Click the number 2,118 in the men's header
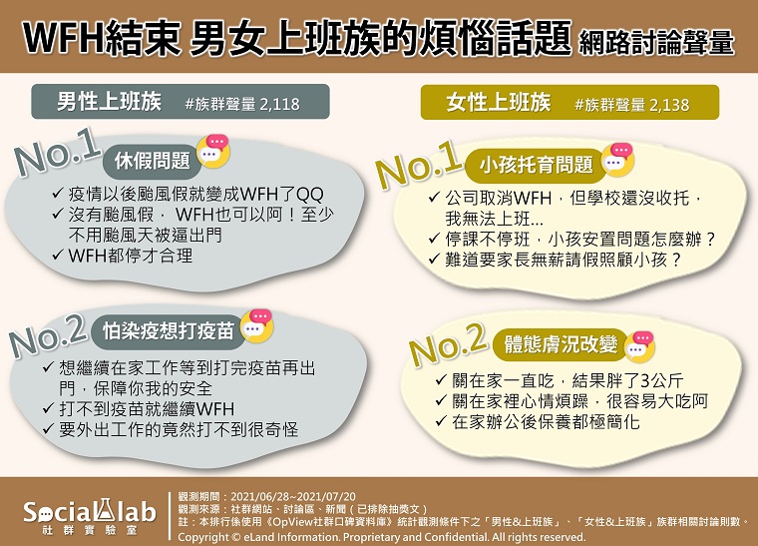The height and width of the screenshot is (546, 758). [x=279, y=104]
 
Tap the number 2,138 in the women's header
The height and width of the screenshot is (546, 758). [x=669, y=105]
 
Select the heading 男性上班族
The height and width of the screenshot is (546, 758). [x=109, y=102]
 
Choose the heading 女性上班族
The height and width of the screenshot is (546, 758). [x=499, y=103]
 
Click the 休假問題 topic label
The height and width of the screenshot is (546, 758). [x=153, y=161]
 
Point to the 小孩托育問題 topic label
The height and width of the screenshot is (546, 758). [x=537, y=165]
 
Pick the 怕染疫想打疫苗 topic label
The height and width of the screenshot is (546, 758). [x=169, y=331]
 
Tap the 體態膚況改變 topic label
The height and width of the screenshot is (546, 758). [x=561, y=344]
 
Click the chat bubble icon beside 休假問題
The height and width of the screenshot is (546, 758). [x=213, y=151]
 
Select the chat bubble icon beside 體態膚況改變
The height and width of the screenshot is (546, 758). [x=639, y=346]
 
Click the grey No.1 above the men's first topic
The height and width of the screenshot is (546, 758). [x=57, y=152]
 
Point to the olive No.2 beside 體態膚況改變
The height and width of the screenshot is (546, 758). [x=448, y=343]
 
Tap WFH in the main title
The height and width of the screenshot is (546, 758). [x=63, y=38]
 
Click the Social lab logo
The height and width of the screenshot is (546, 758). [x=90, y=516]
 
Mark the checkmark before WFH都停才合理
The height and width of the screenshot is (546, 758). [x=58, y=255]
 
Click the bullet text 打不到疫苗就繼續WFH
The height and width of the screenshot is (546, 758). [x=147, y=409]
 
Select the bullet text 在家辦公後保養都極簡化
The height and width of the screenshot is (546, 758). [x=546, y=421]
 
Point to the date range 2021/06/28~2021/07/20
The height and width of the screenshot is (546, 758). [x=293, y=497]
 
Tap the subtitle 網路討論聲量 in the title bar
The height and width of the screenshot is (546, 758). [x=656, y=43]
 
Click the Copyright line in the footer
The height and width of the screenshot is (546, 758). [x=381, y=537]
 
